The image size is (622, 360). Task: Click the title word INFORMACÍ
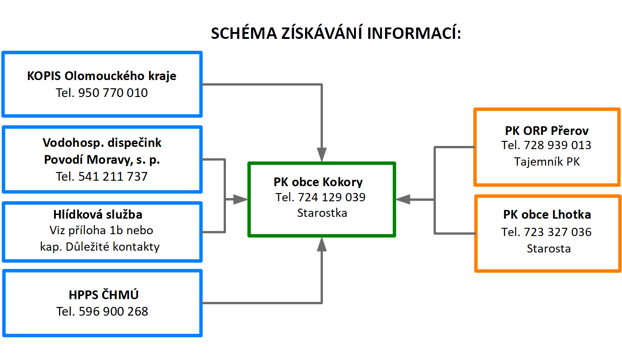click(x=414, y=33)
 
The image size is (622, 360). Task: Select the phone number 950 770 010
click(x=113, y=93)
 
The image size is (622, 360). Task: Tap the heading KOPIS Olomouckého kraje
click(x=102, y=76)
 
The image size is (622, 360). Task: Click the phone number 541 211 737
click(x=113, y=177)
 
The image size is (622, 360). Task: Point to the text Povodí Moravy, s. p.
click(x=102, y=160)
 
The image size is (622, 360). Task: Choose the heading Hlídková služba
click(x=98, y=215)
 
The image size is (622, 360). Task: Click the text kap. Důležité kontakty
click(x=100, y=247)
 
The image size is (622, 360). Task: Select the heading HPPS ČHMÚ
click(x=103, y=295)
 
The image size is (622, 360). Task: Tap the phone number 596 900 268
click(x=113, y=312)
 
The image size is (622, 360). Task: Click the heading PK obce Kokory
click(x=318, y=182)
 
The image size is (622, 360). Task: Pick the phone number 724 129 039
click(x=332, y=197)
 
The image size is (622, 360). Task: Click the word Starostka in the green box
click(x=322, y=213)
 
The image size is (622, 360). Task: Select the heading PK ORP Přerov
click(x=547, y=130)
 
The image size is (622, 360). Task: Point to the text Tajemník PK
click(x=547, y=161)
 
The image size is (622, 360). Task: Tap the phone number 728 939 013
click(x=558, y=145)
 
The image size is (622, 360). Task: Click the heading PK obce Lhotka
click(x=547, y=215)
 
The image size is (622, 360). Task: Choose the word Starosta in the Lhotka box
click(x=549, y=248)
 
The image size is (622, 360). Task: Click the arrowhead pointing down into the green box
click(x=322, y=155)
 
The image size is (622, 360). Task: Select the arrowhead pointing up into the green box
click(x=322, y=244)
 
